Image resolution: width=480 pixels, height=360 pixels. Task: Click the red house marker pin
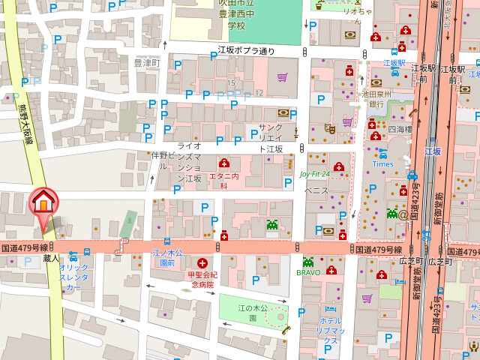(43, 202)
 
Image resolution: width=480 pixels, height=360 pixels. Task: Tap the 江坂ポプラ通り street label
(246, 51)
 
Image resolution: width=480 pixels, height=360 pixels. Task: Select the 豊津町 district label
(147, 64)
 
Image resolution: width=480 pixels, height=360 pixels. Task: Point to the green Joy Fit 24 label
(314, 174)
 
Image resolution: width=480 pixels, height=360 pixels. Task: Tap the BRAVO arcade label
(308, 272)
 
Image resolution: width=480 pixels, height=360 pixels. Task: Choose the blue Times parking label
(382, 164)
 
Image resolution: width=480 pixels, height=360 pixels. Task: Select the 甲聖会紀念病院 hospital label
(202, 279)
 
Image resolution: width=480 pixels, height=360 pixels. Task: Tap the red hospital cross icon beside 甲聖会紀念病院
(202, 263)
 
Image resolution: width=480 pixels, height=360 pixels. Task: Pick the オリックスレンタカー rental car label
(73, 277)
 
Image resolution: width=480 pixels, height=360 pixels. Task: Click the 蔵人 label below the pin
(50, 259)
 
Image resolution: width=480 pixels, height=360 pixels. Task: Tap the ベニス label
(316, 190)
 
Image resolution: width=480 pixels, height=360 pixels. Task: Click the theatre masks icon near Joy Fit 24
(328, 129)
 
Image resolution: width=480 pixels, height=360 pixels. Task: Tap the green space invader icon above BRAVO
(307, 262)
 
